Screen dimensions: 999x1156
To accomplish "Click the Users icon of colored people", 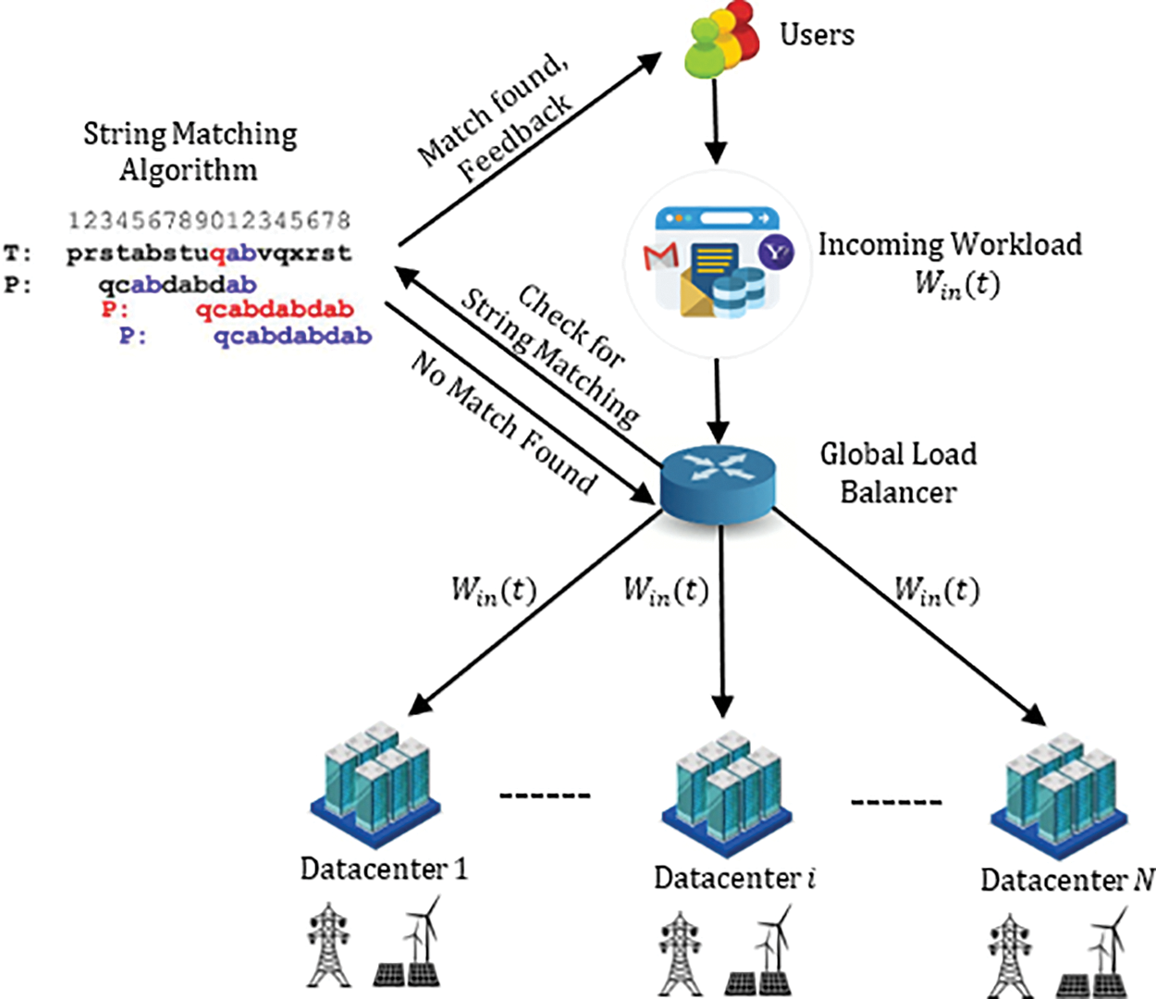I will pyautogui.click(x=720, y=40).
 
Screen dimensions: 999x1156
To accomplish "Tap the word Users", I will pyautogui.click(x=817, y=35).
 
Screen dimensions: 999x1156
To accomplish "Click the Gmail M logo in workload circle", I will pyautogui.click(x=660, y=256).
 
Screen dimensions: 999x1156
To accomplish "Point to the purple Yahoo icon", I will pyautogui.click(x=775, y=252).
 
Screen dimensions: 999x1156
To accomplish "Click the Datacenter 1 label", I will pyautogui.click(x=384, y=869).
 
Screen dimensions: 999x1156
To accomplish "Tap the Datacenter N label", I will pyautogui.click(x=1066, y=880).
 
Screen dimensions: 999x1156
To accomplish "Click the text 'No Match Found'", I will pyautogui.click(x=503, y=423).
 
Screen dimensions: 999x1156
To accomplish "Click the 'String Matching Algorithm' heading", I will pyautogui.click(x=190, y=152).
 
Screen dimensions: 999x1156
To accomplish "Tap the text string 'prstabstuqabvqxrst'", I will pyautogui.click(x=209, y=253).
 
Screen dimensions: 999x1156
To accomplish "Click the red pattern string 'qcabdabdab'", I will pyautogui.click(x=275, y=309).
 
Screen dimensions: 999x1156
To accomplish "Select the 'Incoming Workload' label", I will pyautogui.click(x=950, y=245).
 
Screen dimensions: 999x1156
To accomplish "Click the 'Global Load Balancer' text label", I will pyautogui.click(x=898, y=473).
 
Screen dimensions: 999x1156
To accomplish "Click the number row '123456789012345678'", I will pyautogui.click(x=209, y=220).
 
